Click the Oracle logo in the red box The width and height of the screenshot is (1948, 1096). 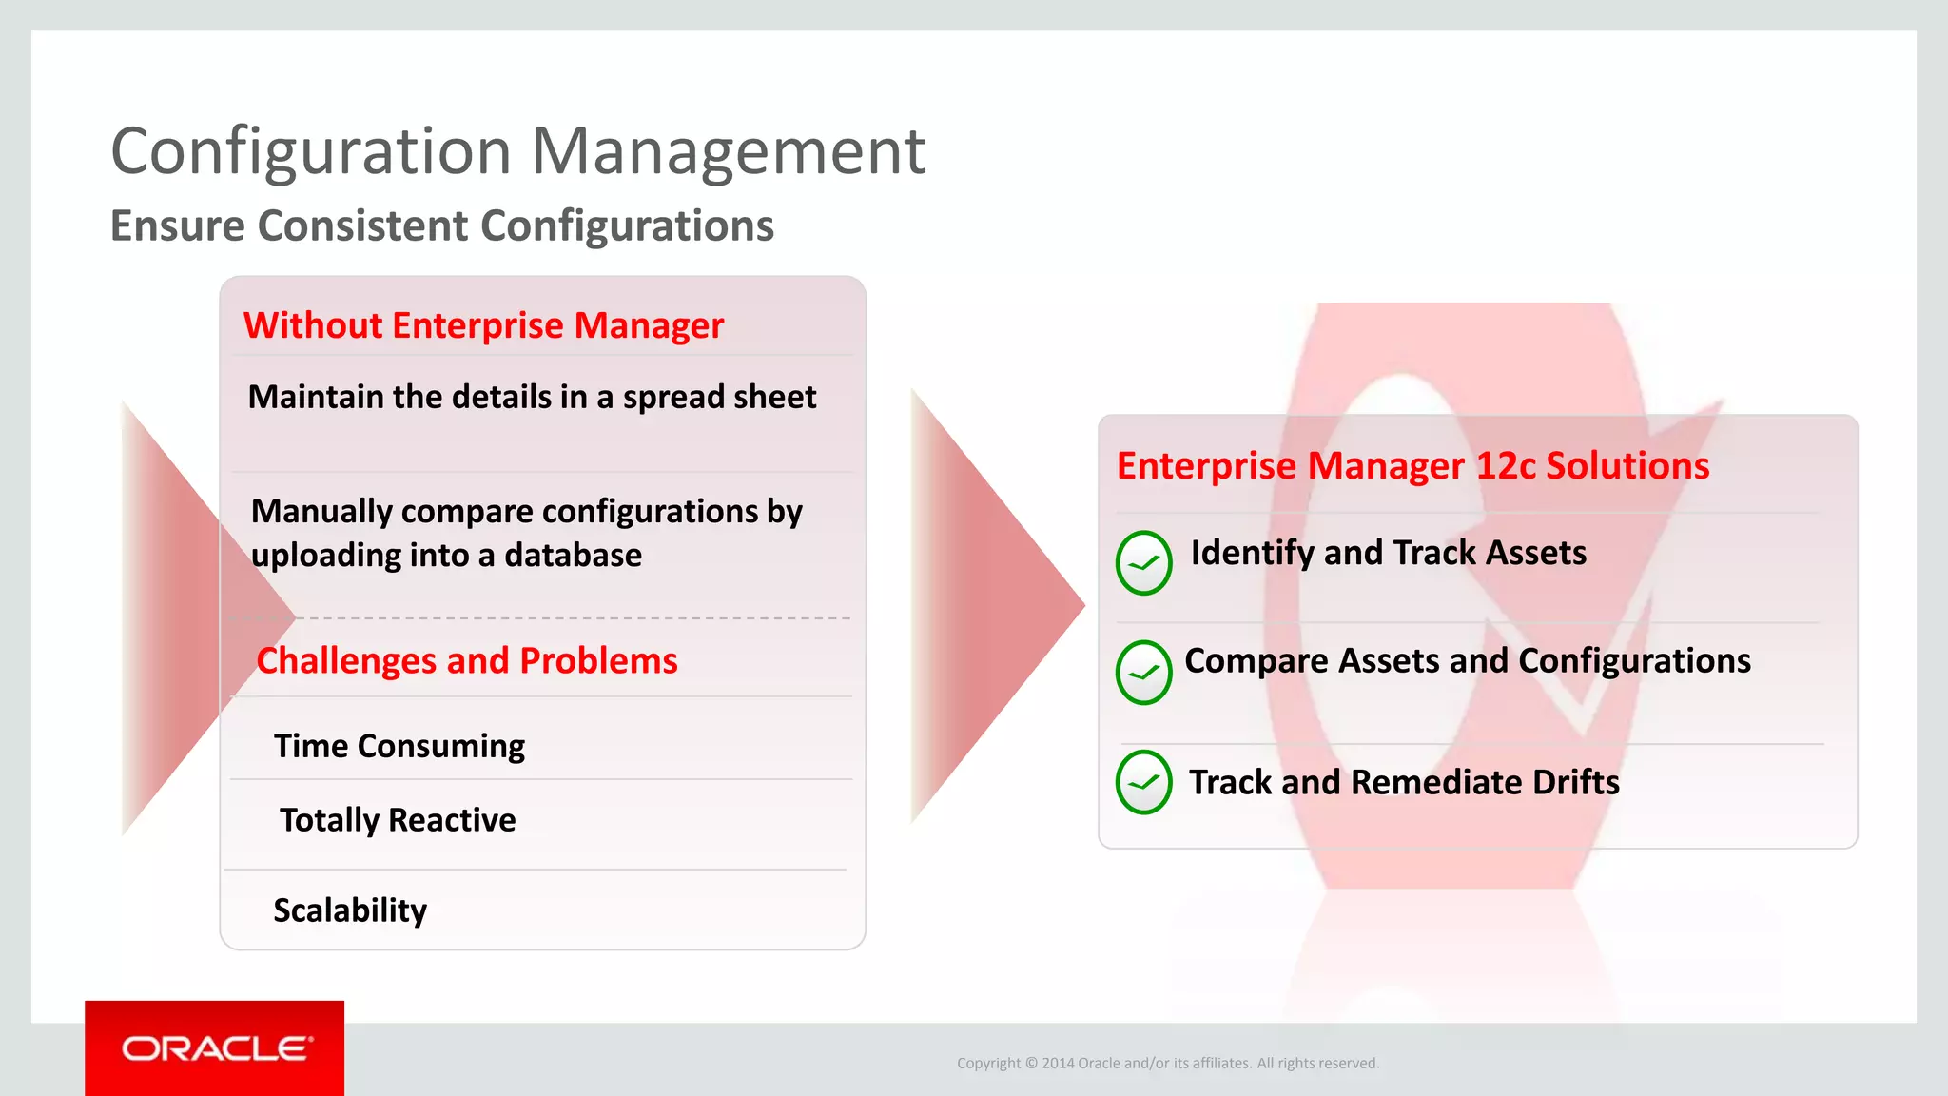(x=216, y=1048)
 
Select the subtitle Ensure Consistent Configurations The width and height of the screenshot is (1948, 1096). (x=442, y=226)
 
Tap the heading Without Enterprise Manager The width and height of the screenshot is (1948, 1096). (x=483, y=325)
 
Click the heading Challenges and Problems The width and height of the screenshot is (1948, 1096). (x=467, y=660)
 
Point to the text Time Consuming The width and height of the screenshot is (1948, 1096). (x=399, y=746)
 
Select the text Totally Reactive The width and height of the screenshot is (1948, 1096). (x=398, y=819)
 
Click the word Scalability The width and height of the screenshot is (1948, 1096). (x=350, y=910)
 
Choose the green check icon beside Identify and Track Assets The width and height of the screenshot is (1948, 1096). (x=1143, y=563)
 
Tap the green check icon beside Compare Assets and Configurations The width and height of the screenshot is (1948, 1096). (x=1143, y=673)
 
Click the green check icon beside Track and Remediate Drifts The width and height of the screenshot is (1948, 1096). (x=1143, y=782)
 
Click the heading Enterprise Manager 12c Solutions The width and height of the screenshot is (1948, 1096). (x=1412, y=466)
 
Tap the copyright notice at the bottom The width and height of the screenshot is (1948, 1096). (x=1167, y=1063)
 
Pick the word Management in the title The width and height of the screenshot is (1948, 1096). (x=728, y=152)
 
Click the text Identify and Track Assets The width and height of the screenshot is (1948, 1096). (x=1388, y=553)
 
